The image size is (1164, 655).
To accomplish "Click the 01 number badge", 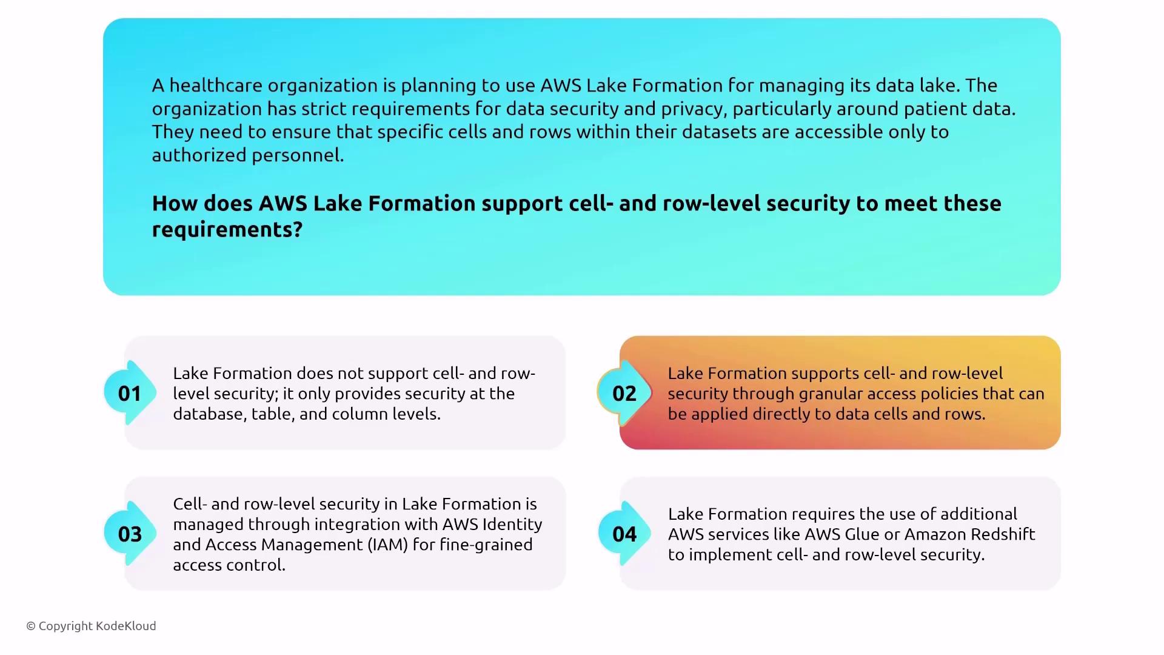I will pos(129,394).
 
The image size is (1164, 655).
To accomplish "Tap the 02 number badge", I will pos(624,394).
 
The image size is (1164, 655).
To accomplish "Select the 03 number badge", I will pos(129,534).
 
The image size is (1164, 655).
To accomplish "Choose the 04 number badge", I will pos(624,534).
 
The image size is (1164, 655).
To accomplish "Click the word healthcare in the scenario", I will pos(216,86).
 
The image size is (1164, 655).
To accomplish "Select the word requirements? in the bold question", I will pos(227,230).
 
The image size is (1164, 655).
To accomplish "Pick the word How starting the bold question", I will pos(175,204).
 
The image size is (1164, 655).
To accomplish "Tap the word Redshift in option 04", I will pos(1003,534).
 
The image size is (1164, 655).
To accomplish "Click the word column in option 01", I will pos(368,414).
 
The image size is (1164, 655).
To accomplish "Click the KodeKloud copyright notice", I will pos(91,626).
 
